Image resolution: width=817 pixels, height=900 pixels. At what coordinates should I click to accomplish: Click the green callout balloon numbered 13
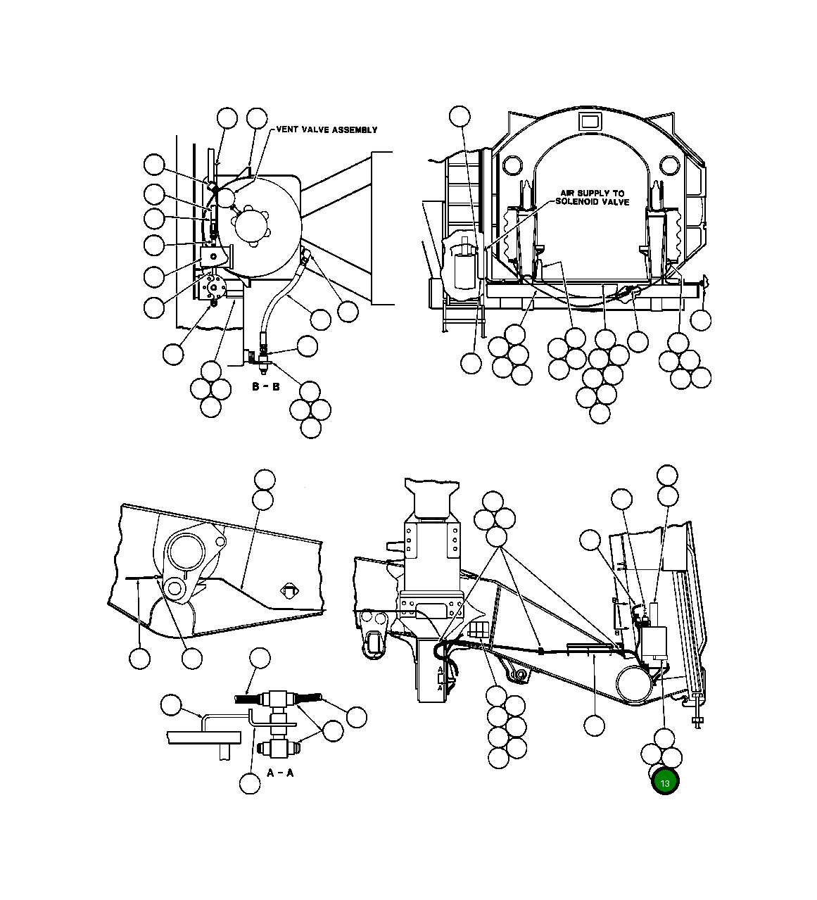[665, 782]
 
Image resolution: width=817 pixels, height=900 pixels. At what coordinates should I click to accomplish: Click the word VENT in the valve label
[289, 129]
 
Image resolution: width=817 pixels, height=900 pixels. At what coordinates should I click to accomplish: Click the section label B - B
[265, 387]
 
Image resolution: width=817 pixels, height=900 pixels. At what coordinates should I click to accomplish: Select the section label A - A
[279, 772]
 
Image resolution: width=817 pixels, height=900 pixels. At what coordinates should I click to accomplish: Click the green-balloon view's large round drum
[635, 683]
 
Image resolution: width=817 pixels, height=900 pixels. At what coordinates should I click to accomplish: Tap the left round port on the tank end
[512, 166]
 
